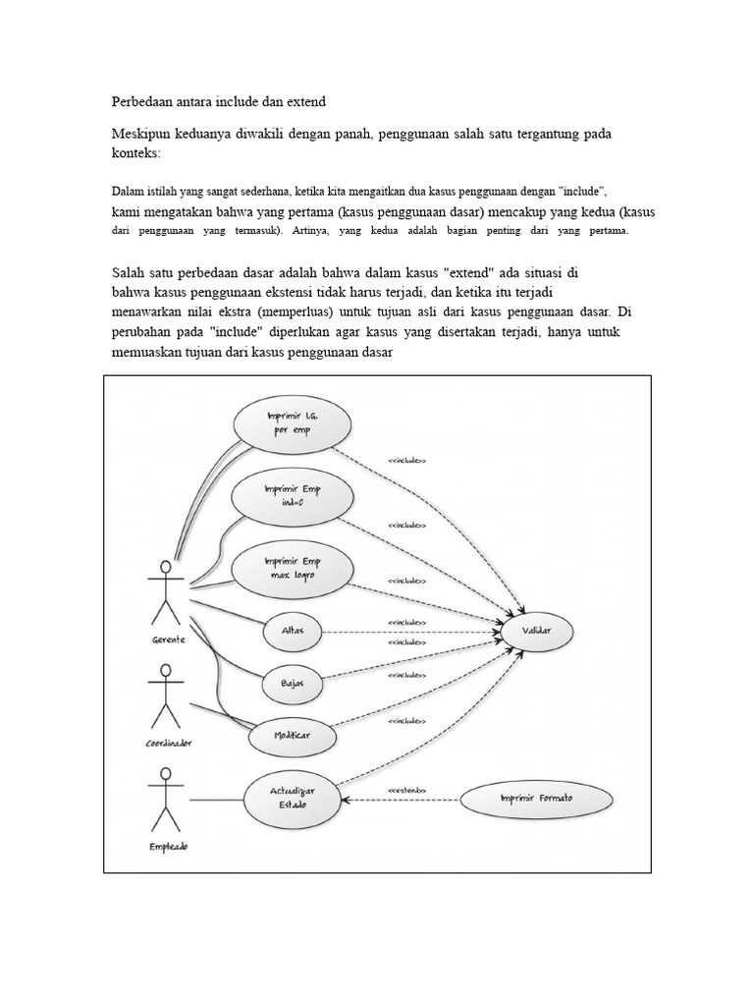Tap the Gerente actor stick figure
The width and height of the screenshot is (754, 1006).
(165, 594)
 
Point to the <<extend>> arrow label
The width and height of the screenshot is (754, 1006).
(406, 789)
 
